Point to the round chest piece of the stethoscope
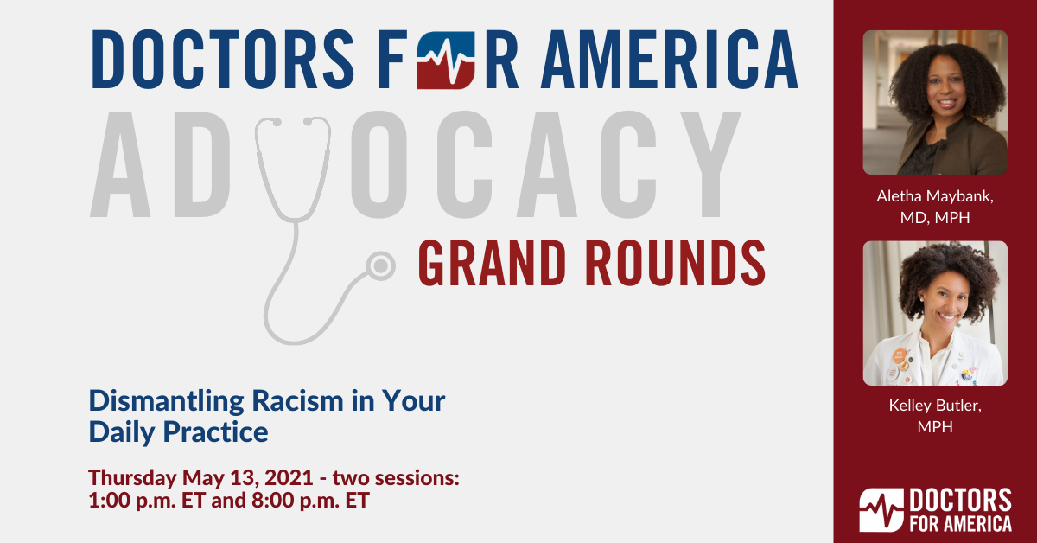click(x=379, y=265)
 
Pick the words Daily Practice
click(x=179, y=431)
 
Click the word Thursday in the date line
click(x=132, y=477)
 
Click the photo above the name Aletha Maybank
click(x=935, y=103)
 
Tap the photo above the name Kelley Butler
click(x=935, y=313)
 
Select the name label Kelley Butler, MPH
click(x=935, y=416)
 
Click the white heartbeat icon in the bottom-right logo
click(x=880, y=510)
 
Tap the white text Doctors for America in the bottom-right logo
click(x=960, y=510)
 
